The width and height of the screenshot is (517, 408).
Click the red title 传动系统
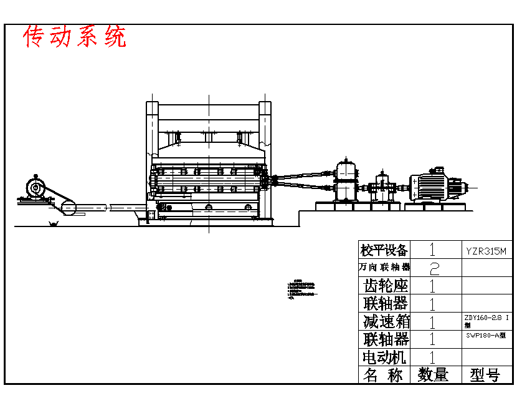coord(75,37)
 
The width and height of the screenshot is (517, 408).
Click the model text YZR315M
coord(486,251)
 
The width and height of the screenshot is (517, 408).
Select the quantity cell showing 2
coord(434,268)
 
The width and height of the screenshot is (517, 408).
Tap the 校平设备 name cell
coord(384,251)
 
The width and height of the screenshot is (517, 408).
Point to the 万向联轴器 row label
coord(384,267)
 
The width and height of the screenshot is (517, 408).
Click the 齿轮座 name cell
coord(385,286)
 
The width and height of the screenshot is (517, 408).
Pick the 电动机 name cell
coord(384,357)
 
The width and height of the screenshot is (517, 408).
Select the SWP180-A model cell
coord(486,335)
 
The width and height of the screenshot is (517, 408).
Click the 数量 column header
coord(434,375)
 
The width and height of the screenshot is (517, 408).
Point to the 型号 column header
coord(485,375)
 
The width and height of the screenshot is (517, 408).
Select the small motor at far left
coord(35,188)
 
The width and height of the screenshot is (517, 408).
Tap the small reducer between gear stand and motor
coord(381,187)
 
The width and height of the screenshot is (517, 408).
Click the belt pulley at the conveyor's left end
coord(67,207)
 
